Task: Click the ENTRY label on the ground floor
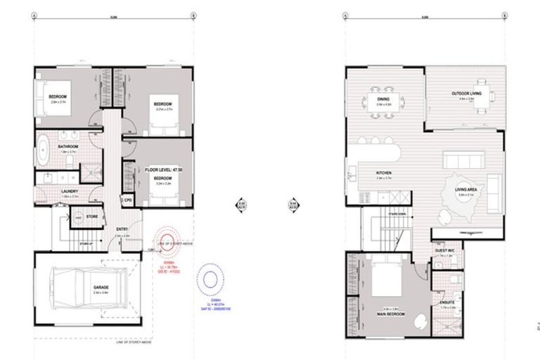click(122, 229)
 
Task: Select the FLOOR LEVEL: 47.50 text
click(162, 169)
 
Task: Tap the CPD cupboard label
click(129, 200)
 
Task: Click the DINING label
click(383, 99)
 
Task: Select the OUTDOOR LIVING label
click(466, 94)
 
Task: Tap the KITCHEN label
click(383, 173)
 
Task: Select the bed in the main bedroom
click(385, 278)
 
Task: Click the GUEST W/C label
click(444, 250)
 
